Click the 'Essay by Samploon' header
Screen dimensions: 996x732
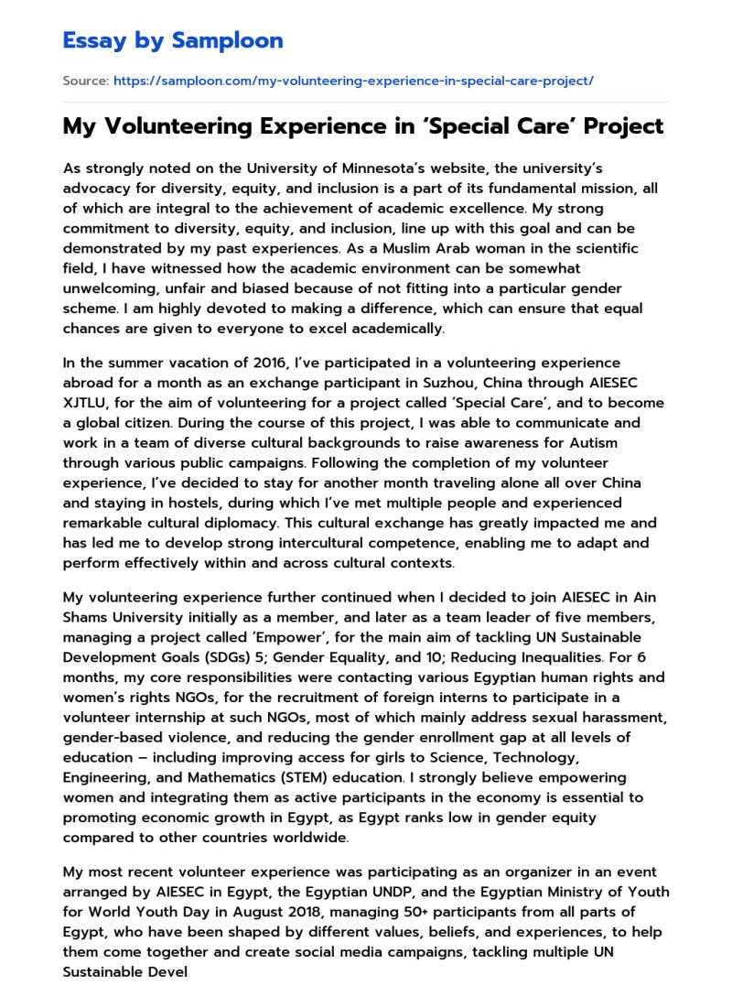173,40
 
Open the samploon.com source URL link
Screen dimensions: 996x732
353,81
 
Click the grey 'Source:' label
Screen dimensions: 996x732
85,81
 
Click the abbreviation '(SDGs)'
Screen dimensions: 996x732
246,657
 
